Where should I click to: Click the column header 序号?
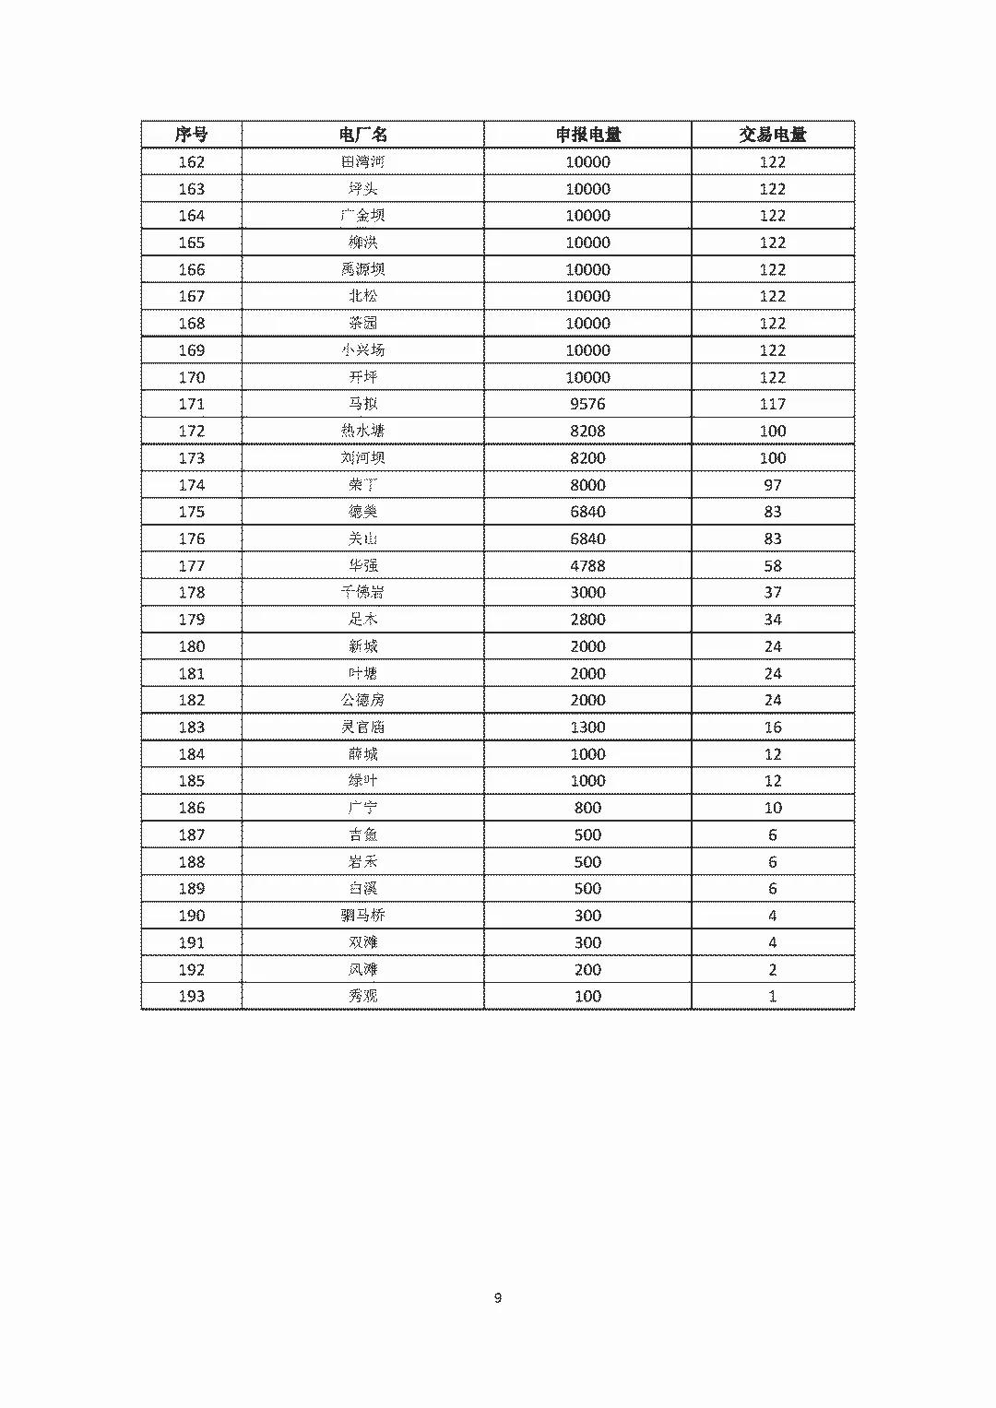[191, 135]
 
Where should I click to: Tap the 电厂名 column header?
[362, 135]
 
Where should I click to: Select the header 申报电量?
[587, 135]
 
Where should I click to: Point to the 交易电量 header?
[772, 135]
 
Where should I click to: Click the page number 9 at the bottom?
[498, 1297]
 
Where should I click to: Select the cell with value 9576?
[587, 404]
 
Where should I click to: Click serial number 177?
[191, 565]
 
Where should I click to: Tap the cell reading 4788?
[587, 565]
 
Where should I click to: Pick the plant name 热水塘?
[362, 431]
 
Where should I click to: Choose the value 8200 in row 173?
[587, 457]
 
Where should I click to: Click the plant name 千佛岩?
[362, 592]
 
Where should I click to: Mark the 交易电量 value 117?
[772, 404]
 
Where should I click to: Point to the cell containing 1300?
[587, 727]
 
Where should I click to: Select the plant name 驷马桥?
[362, 915]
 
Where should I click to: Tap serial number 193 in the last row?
[191, 996]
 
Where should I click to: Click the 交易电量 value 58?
[772, 565]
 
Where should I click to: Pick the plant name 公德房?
[362, 700]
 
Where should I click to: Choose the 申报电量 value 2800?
[587, 619]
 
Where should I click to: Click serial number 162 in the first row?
[191, 161]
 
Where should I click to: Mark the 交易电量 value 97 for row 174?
[772, 484]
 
